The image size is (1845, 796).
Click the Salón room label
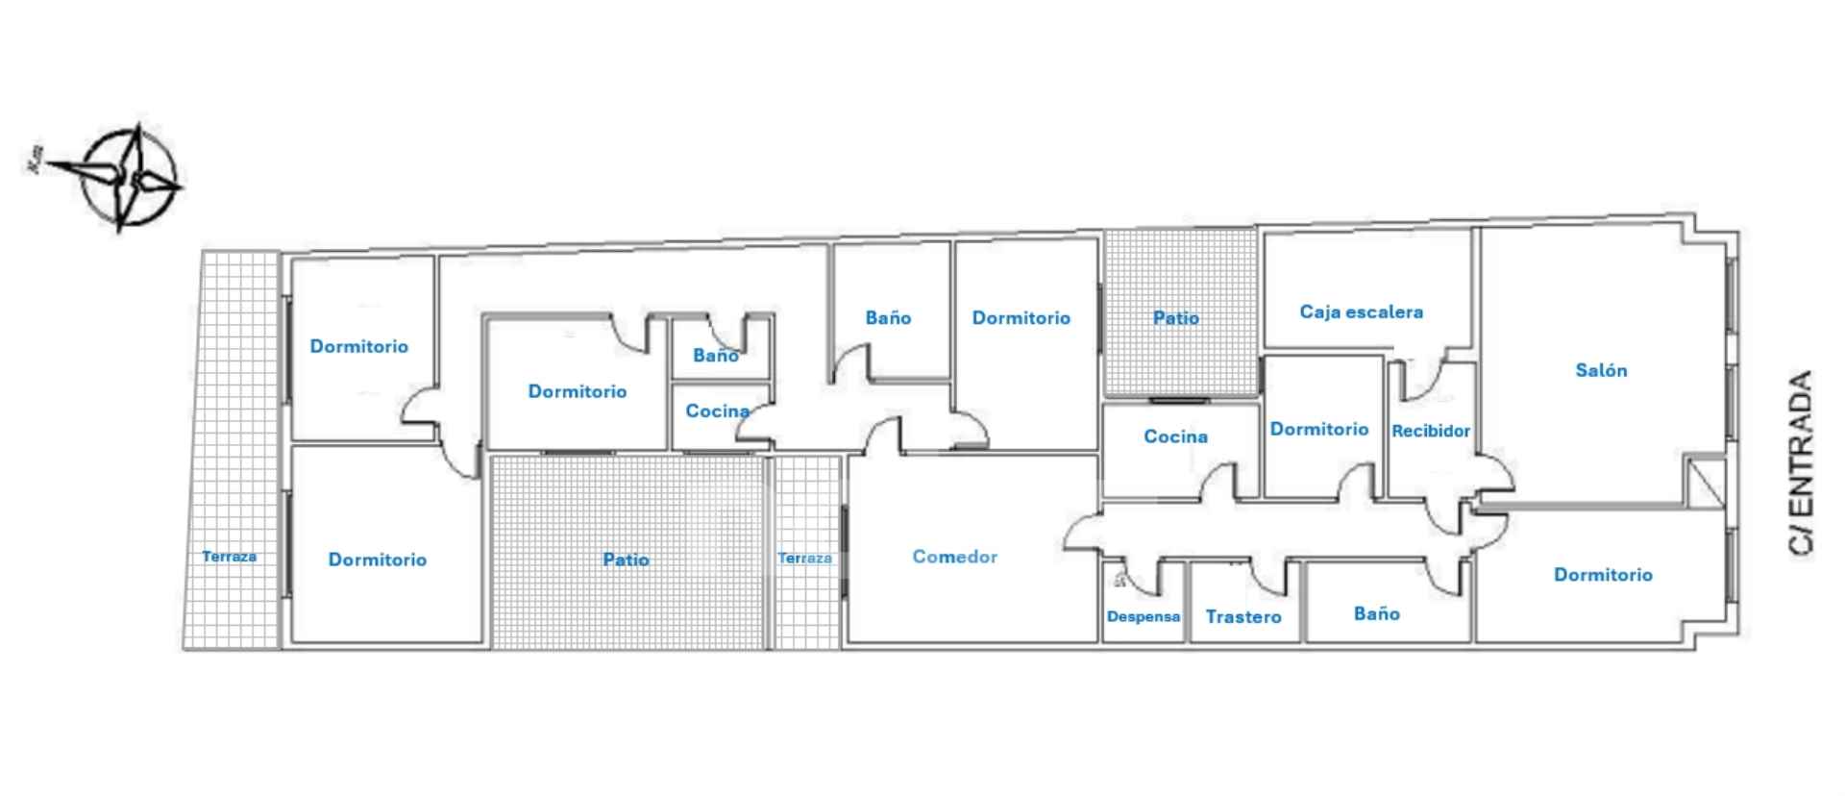point(1601,370)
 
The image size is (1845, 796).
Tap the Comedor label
point(954,557)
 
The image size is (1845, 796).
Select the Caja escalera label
point(1361,311)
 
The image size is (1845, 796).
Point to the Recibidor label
point(1431,431)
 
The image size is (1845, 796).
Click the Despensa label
point(1144,616)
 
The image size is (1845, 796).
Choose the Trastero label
point(1243,617)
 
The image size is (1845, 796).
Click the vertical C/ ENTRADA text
point(1801,462)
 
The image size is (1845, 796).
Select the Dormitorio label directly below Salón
point(1603,575)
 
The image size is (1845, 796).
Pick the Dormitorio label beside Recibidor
point(1318,429)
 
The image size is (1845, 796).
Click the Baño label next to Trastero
point(1376,613)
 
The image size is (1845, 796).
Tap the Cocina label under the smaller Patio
point(1175,436)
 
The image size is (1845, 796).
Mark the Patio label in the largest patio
point(626,560)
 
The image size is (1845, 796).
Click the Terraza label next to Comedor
point(805,558)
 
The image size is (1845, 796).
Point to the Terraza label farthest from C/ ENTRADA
point(229,556)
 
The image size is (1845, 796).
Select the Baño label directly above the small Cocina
point(716,356)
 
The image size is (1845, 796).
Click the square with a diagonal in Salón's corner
point(1707,484)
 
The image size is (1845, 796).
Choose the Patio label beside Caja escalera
point(1175,318)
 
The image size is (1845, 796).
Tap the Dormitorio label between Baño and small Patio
point(1021,318)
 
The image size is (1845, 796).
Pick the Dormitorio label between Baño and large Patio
point(577,391)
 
